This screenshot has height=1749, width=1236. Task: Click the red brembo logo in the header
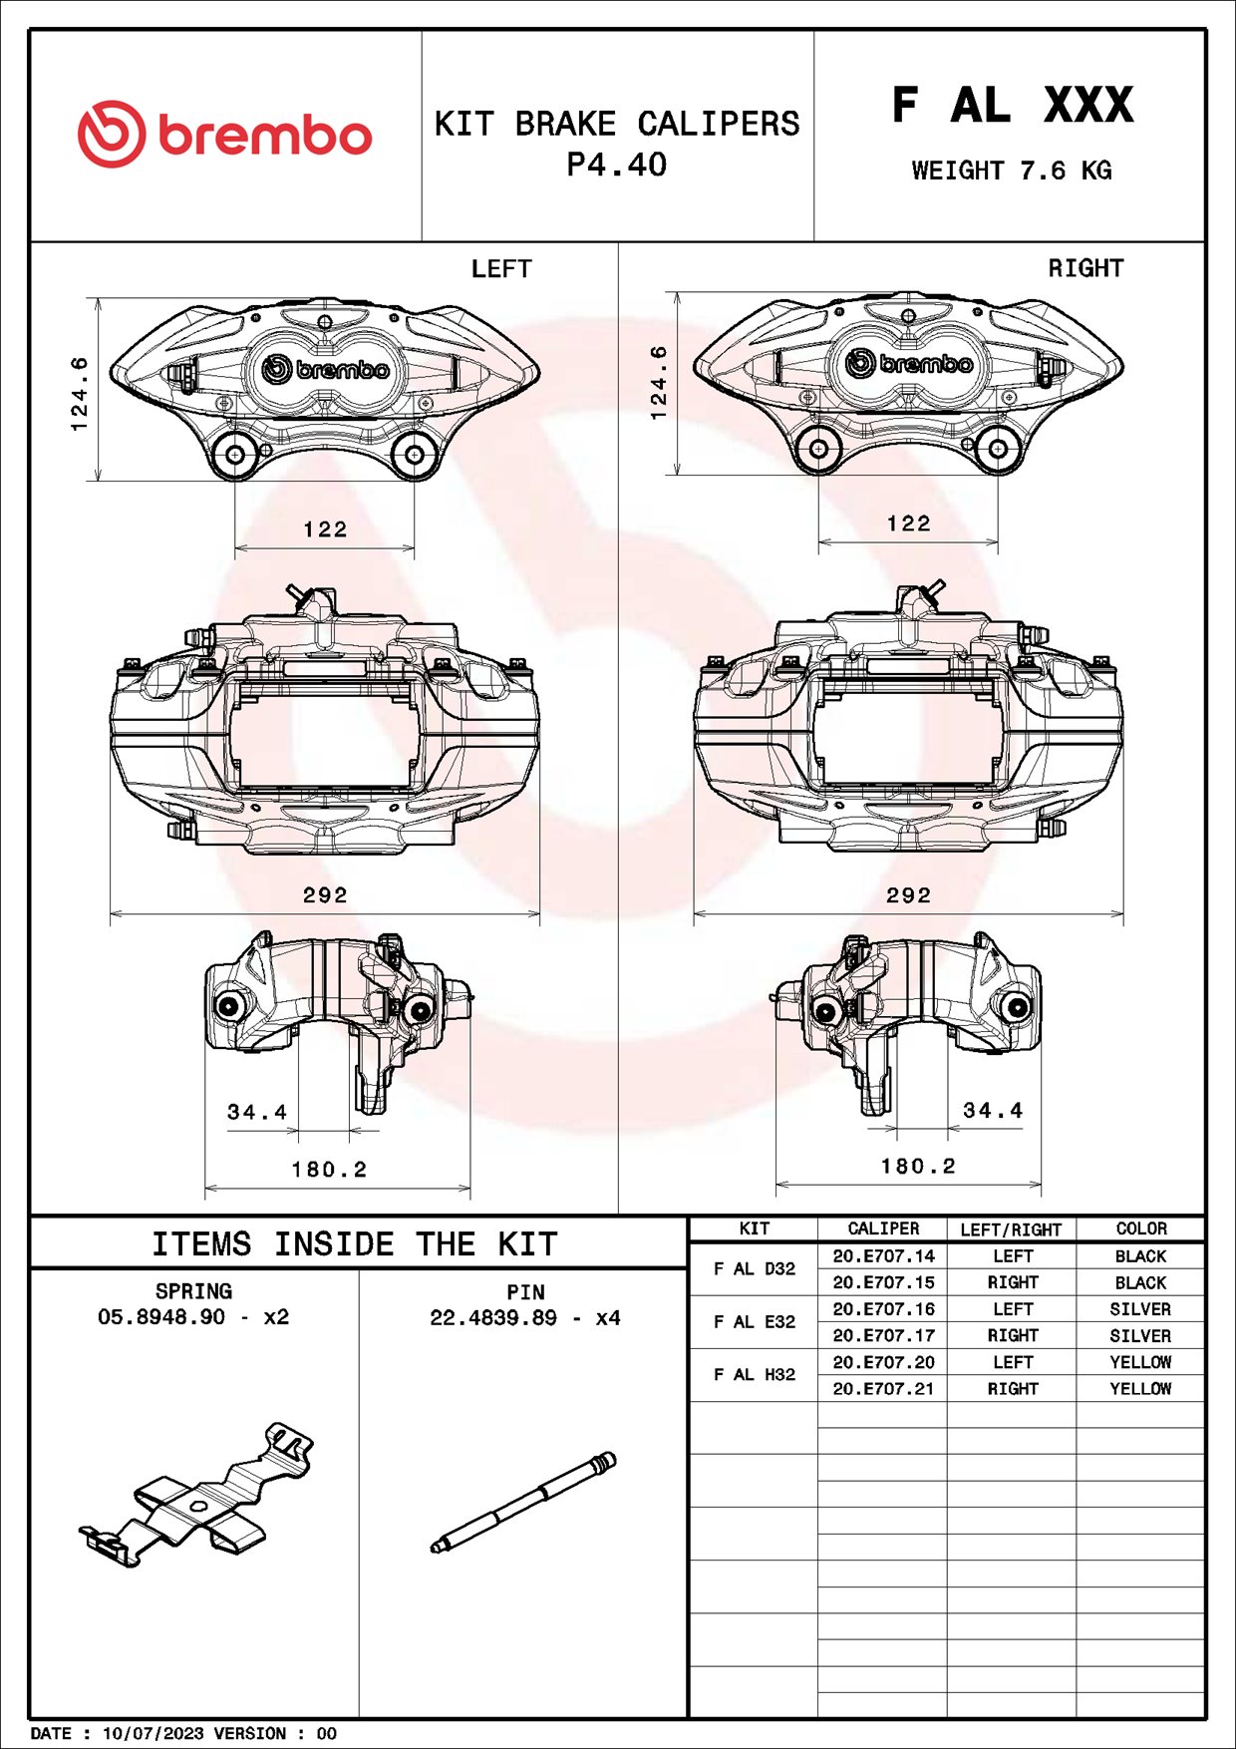tap(224, 135)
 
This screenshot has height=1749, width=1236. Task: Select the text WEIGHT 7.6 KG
tap(1011, 171)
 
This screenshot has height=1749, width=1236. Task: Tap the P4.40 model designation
tap(616, 165)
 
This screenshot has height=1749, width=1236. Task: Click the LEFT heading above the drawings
tap(501, 269)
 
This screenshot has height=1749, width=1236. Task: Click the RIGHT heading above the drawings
tap(1084, 268)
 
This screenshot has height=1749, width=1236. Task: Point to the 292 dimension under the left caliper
tap(325, 895)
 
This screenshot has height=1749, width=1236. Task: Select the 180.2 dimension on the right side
tap(917, 1166)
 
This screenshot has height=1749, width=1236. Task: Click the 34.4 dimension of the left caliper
tap(257, 1112)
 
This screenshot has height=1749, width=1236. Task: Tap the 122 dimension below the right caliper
tap(908, 524)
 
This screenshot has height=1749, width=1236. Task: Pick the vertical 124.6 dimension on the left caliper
tap(80, 394)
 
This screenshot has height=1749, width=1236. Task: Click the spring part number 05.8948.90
tap(161, 1317)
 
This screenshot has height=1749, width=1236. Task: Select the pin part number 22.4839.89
tap(493, 1318)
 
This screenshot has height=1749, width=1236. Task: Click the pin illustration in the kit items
tap(523, 1503)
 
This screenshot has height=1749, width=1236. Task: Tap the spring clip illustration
tap(196, 1494)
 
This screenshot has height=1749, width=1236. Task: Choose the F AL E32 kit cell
tap(754, 1322)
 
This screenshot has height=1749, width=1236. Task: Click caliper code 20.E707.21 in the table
tap(883, 1389)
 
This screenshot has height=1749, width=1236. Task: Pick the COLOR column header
tap(1140, 1229)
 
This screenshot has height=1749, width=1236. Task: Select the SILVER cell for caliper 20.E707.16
tap(1140, 1309)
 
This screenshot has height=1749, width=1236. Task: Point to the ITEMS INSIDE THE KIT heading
tap(354, 1244)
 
